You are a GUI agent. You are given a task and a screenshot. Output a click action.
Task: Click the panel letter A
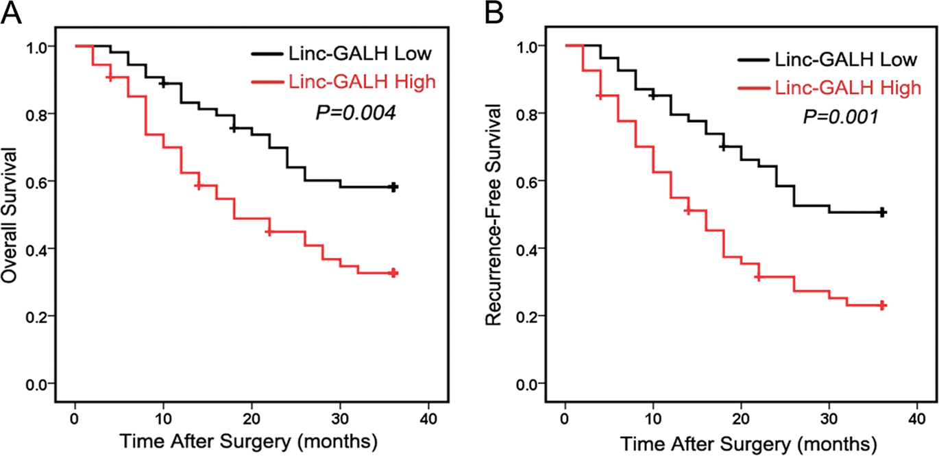[x=14, y=13]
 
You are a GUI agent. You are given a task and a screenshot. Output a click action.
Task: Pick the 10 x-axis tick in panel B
[x=653, y=419]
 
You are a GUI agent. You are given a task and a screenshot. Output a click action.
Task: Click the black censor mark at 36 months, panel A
[x=393, y=187]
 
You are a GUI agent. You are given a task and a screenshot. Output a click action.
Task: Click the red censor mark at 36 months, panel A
[x=393, y=273]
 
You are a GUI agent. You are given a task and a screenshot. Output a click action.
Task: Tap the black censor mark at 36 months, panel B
[x=883, y=213]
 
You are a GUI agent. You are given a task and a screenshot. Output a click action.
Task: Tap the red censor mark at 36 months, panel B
[x=883, y=305]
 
